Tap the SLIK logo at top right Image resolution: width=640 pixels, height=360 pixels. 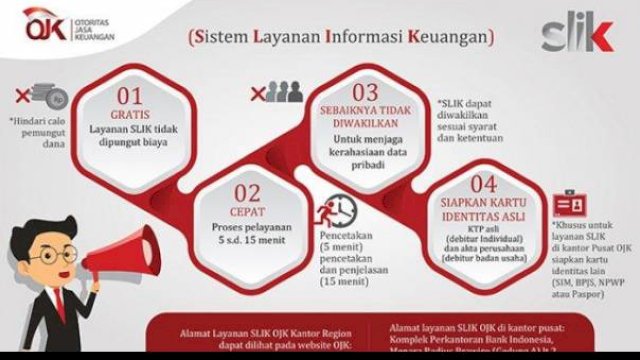click(576, 35)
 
